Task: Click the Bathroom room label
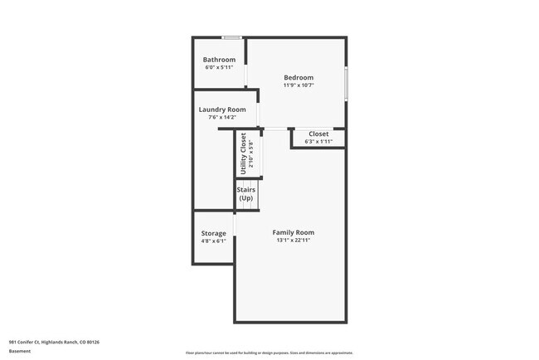coord(220,60)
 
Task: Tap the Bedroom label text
coord(298,78)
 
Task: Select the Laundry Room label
coord(221,109)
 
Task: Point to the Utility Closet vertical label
coord(243,153)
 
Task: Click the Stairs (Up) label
coord(246,195)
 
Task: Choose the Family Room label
coord(294,232)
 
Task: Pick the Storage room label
coord(213,233)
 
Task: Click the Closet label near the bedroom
coord(318,134)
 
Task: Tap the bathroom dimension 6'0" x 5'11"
coord(220,67)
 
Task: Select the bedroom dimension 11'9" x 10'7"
coord(298,85)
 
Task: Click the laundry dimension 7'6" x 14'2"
coord(221,117)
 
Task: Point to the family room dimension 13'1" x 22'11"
coord(294,241)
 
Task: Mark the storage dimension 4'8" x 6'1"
coord(213,241)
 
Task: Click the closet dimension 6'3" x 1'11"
coord(318,141)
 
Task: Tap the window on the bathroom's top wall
coord(232,37)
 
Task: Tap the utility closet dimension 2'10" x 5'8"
coord(251,154)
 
